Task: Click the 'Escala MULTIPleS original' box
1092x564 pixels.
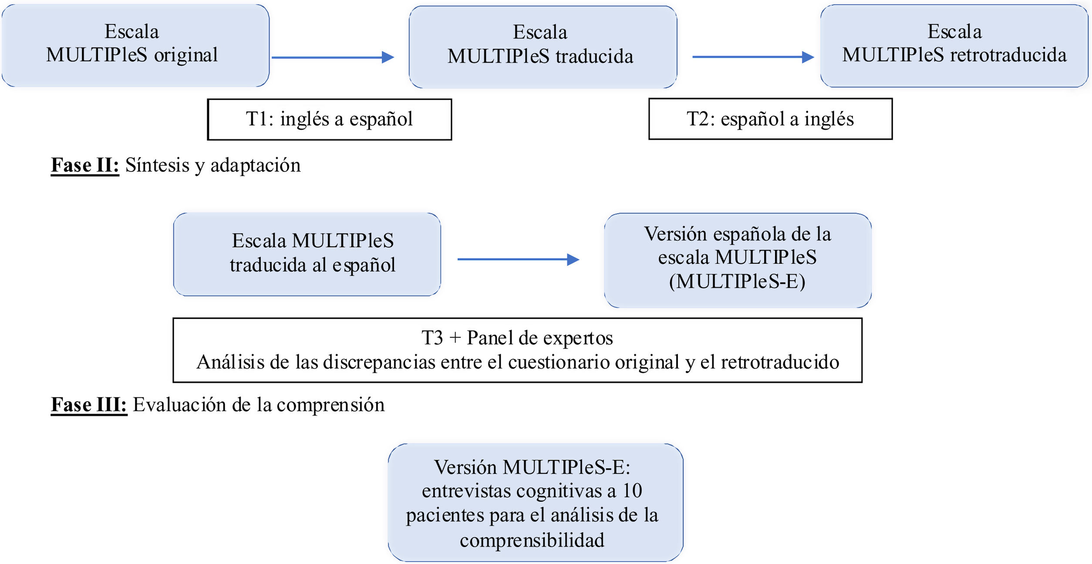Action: [x=135, y=45]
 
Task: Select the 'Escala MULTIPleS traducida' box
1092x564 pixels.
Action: [x=543, y=47]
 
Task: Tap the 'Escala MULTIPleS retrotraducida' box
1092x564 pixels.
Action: [x=954, y=46]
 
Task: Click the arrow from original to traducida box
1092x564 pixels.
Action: [x=333, y=57]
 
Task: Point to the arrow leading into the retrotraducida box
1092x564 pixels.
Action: [x=753, y=57]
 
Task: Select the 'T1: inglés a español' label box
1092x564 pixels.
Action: [x=330, y=119]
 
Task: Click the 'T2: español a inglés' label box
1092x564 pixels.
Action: [x=770, y=119]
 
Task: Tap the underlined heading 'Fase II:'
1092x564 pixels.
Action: [x=85, y=165]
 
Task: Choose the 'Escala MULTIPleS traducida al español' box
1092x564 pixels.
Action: [x=307, y=254]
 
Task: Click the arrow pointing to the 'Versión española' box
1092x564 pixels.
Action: [x=518, y=259]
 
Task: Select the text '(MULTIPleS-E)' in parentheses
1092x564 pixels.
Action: [x=737, y=281]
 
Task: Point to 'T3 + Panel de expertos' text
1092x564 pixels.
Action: [x=517, y=338]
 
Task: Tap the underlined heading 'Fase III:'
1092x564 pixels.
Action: [x=89, y=405]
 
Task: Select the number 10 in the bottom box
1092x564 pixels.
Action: [x=632, y=491]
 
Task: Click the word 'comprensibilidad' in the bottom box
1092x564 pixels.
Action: [x=532, y=540]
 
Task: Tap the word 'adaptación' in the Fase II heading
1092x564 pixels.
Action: [x=256, y=165]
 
